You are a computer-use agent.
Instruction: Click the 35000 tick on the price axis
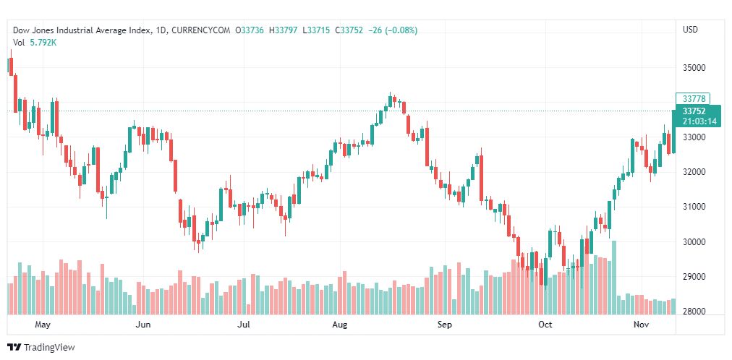point(693,67)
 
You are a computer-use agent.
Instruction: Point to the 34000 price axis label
point(693,103)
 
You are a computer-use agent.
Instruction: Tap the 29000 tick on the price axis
point(693,277)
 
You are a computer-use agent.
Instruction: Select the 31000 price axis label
point(693,207)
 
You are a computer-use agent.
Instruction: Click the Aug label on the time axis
point(340,325)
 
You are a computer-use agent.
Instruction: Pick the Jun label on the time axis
point(143,325)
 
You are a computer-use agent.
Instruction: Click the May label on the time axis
point(43,325)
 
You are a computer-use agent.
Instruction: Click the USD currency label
point(690,30)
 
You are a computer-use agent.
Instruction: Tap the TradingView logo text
point(49,348)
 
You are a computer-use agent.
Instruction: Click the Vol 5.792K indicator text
point(35,43)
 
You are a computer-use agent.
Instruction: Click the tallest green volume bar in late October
point(614,278)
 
